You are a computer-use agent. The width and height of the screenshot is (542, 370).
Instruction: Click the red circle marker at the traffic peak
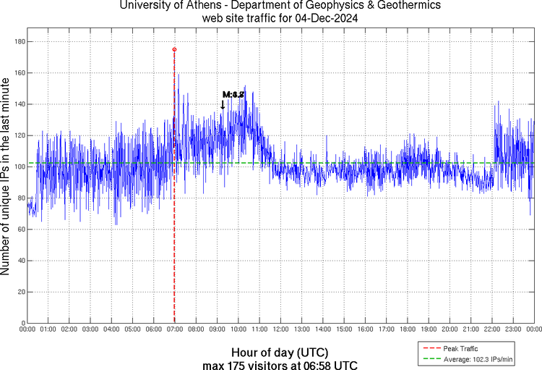pyautogui.click(x=174, y=50)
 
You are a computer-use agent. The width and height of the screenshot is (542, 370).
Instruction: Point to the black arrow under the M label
pyautogui.click(x=223, y=105)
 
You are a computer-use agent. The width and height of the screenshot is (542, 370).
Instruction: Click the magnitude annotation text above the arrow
pyautogui.click(x=233, y=95)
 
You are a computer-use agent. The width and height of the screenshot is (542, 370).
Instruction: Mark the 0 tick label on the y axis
pyautogui.click(x=22, y=323)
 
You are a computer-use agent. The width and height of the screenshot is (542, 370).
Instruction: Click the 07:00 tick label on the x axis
pyautogui.click(x=174, y=330)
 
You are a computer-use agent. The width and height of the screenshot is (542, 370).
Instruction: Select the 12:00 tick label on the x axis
pyautogui.click(x=280, y=330)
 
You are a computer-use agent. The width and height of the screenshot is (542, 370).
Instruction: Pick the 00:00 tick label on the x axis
pyautogui.click(x=27, y=330)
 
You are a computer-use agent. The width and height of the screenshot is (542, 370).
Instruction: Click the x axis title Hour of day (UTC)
pyautogui.click(x=280, y=352)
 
